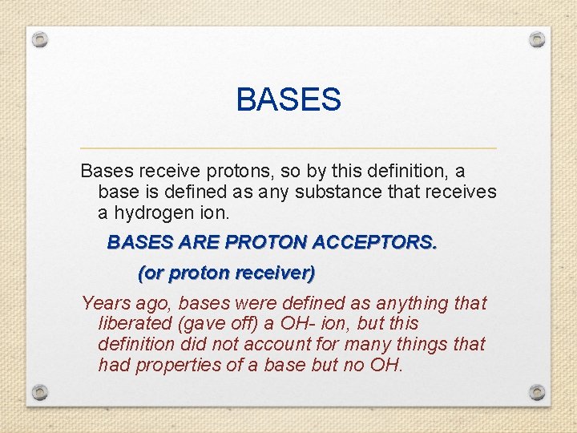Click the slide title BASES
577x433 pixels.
[288, 100]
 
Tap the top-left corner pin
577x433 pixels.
[41, 39]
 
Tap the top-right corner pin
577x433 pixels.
[537, 39]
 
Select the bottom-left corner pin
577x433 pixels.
[41, 392]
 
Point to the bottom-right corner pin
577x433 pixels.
[537, 392]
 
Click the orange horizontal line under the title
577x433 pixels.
[288, 148]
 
